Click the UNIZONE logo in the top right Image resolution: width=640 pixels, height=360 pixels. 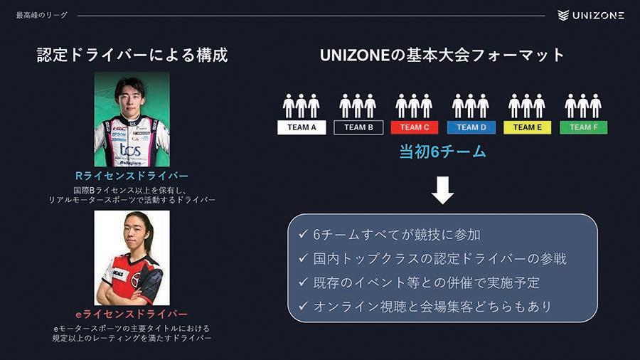pos(591,15)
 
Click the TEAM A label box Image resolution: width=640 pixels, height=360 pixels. pos(302,127)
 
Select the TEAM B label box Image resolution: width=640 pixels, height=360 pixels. pos(358,127)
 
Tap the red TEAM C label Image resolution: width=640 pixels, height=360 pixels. pos(415,127)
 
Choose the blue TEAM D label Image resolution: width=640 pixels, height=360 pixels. pos(471,127)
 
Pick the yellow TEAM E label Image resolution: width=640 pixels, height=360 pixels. pos(528,127)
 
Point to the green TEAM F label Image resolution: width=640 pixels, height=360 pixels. pos(584,127)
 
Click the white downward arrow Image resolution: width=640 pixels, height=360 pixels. pos(442,190)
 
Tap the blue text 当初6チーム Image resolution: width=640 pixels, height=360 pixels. pos(442,152)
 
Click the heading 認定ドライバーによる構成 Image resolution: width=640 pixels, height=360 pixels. pos(132,55)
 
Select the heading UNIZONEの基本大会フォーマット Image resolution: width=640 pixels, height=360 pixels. pos(442,55)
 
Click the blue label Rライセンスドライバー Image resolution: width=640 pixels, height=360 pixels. pos(132,176)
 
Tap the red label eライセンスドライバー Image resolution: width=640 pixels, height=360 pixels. pos(132,314)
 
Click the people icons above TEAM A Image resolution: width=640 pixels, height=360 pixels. pos(302,105)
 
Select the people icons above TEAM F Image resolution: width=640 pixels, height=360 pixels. pos(584,105)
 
